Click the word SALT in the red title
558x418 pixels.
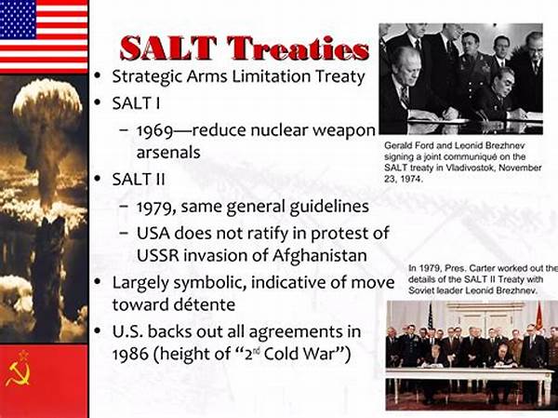coord(168,47)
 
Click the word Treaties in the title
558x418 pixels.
coord(299,47)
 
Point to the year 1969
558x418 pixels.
coord(154,130)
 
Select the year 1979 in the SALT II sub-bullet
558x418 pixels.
coord(154,207)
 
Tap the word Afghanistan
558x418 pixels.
coord(320,255)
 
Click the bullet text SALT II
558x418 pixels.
coord(139,179)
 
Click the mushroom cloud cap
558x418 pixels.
coord(47,99)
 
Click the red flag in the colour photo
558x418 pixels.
coord(539,316)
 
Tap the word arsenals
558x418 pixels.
coord(168,153)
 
